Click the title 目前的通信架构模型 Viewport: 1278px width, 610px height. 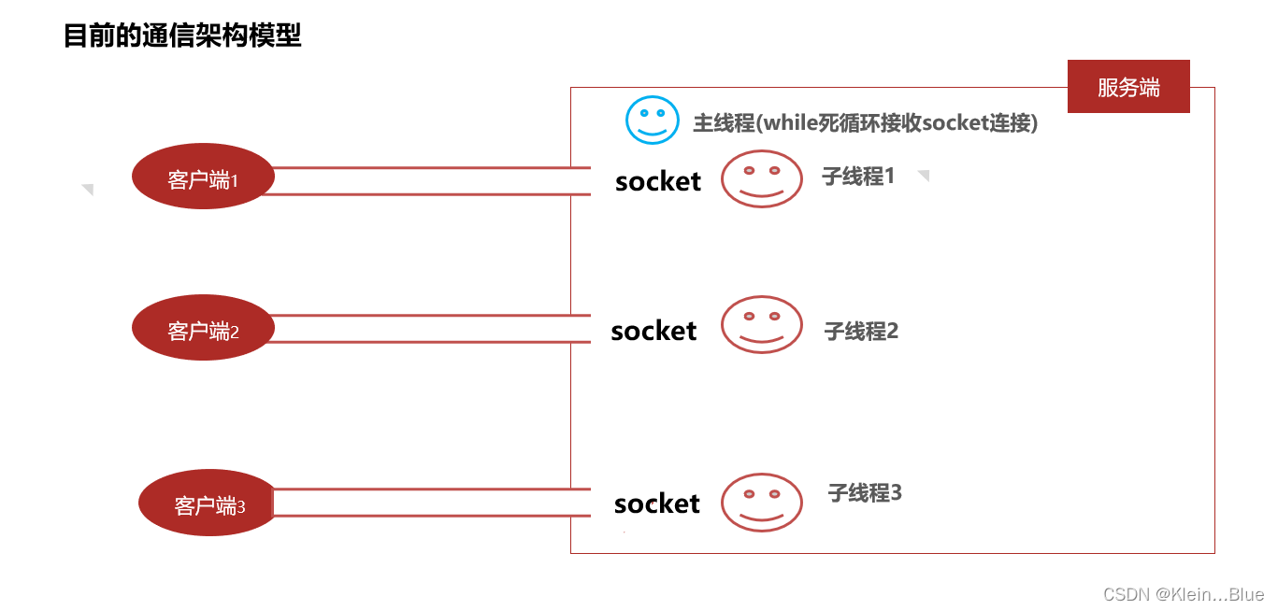182,36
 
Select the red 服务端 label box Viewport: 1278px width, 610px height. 1128,87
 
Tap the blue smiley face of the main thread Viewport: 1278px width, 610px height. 652,120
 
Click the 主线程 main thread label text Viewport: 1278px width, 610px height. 865,123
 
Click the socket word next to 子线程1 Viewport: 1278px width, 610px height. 658,181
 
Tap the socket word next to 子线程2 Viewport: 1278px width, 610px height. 653,331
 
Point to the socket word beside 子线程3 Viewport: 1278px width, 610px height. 656,504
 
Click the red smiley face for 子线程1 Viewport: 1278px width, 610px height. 761,178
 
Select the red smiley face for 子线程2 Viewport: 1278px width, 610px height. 761,325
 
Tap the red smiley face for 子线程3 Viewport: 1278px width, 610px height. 761,502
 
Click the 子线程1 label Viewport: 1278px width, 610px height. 858,176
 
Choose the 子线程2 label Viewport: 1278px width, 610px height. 861,330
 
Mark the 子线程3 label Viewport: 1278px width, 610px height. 865,493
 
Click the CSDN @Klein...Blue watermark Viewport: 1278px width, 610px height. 1183,595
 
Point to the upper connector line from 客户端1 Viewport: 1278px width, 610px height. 430,168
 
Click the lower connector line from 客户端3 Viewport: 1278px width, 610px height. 430,516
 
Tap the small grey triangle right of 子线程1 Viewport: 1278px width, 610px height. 924,175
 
